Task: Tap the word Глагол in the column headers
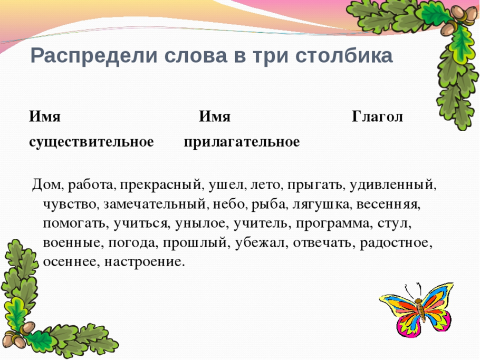click(377, 116)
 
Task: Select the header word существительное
click(92, 142)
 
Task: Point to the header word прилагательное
click(242, 142)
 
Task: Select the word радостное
click(403, 242)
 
